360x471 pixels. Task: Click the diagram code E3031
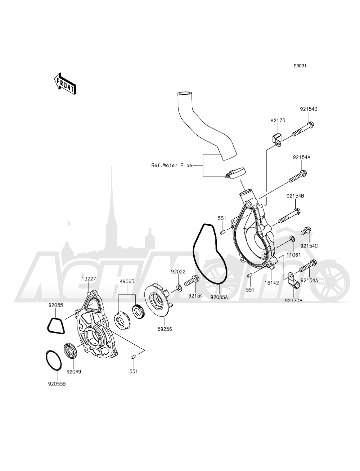click(300, 66)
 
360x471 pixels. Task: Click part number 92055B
click(58, 384)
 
